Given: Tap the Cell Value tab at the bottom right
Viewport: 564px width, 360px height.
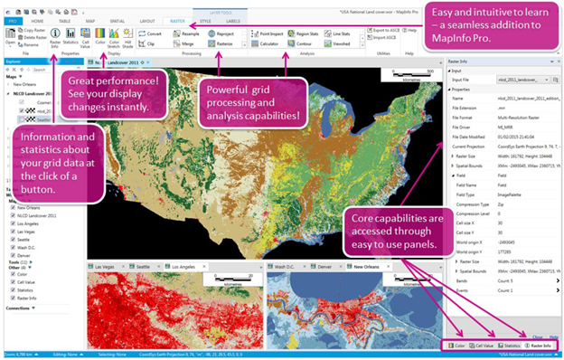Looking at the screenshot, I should [x=480, y=346].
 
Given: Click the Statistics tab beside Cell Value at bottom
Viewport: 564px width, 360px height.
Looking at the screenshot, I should [x=511, y=346].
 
